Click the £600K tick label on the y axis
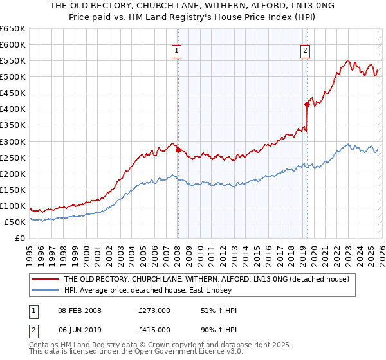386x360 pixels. click(x=13, y=45)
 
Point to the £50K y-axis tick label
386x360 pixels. click(x=15, y=222)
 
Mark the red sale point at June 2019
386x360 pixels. click(x=307, y=104)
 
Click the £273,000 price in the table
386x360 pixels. click(x=154, y=310)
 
